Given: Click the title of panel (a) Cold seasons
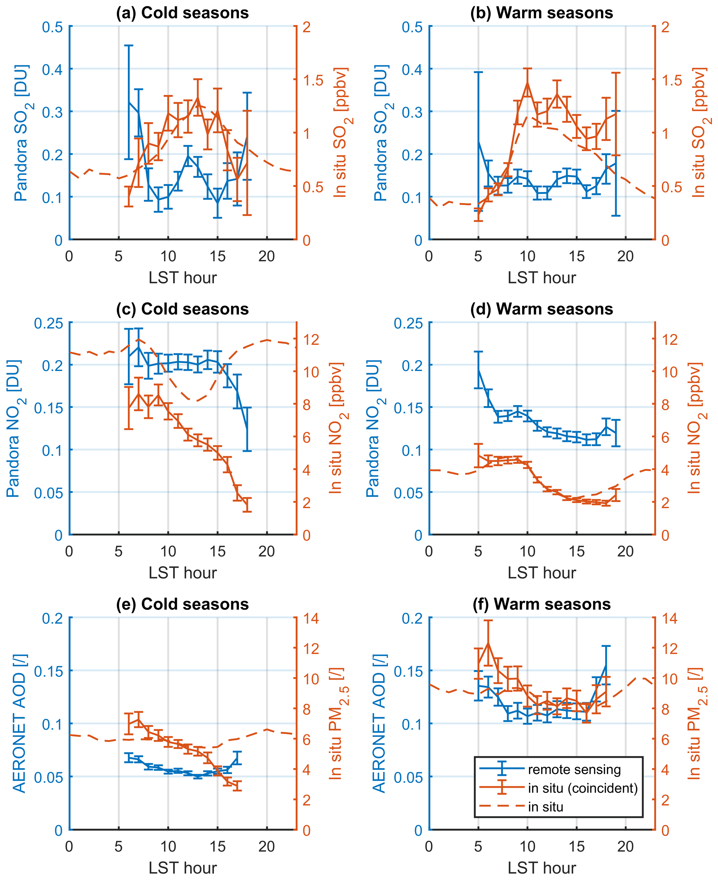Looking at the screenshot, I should coord(182,13).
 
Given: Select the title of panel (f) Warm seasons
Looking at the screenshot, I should coord(542,605).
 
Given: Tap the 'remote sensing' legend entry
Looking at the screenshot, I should coord(574,770).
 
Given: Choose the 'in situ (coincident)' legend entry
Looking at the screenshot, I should coord(582,788).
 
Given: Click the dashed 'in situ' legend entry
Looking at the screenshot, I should coord(545,807).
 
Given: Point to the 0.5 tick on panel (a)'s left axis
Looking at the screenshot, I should coord(52,27).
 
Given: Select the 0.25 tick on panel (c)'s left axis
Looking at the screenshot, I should coord(48,323).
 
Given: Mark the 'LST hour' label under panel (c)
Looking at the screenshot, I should coord(182,573).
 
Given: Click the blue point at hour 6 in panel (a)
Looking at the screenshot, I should coord(129,102).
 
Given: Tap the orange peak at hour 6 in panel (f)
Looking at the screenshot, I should coord(488,642).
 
